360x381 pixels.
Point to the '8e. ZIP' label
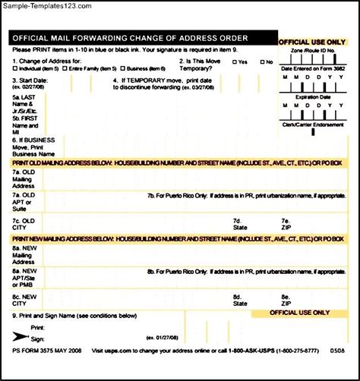click(x=286, y=300)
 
